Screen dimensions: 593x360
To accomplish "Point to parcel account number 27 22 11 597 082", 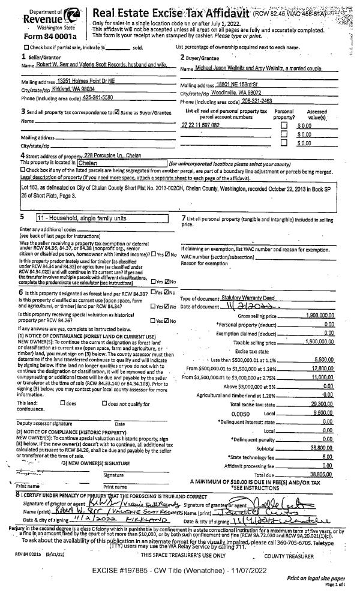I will (200, 124).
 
